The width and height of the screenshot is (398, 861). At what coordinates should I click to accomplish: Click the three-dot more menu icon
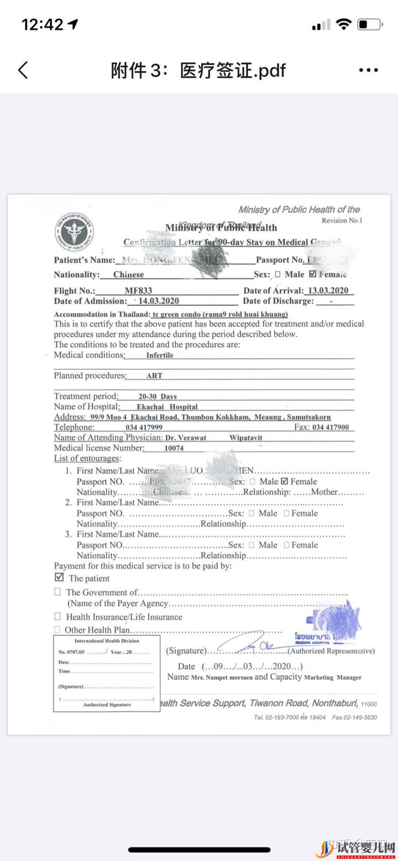369,70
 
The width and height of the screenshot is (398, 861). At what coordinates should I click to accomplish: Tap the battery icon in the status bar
370,24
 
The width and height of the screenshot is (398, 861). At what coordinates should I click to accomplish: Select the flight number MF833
138,291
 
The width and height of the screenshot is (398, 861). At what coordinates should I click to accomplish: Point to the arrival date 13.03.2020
328,291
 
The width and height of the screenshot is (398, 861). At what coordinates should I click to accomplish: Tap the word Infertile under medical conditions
160,355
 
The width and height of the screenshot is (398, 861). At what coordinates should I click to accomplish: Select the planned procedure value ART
154,376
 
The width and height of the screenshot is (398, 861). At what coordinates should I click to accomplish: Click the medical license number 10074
174,448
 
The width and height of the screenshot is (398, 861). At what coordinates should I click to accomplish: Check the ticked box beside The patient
59,578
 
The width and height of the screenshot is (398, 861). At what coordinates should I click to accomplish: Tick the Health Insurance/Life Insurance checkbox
57,616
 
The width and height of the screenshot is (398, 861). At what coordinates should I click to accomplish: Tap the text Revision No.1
342,220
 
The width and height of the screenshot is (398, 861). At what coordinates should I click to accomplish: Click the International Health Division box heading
107,641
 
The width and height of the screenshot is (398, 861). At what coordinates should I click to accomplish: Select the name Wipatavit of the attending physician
246,437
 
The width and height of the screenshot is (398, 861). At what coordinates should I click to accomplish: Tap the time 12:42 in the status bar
43,24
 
